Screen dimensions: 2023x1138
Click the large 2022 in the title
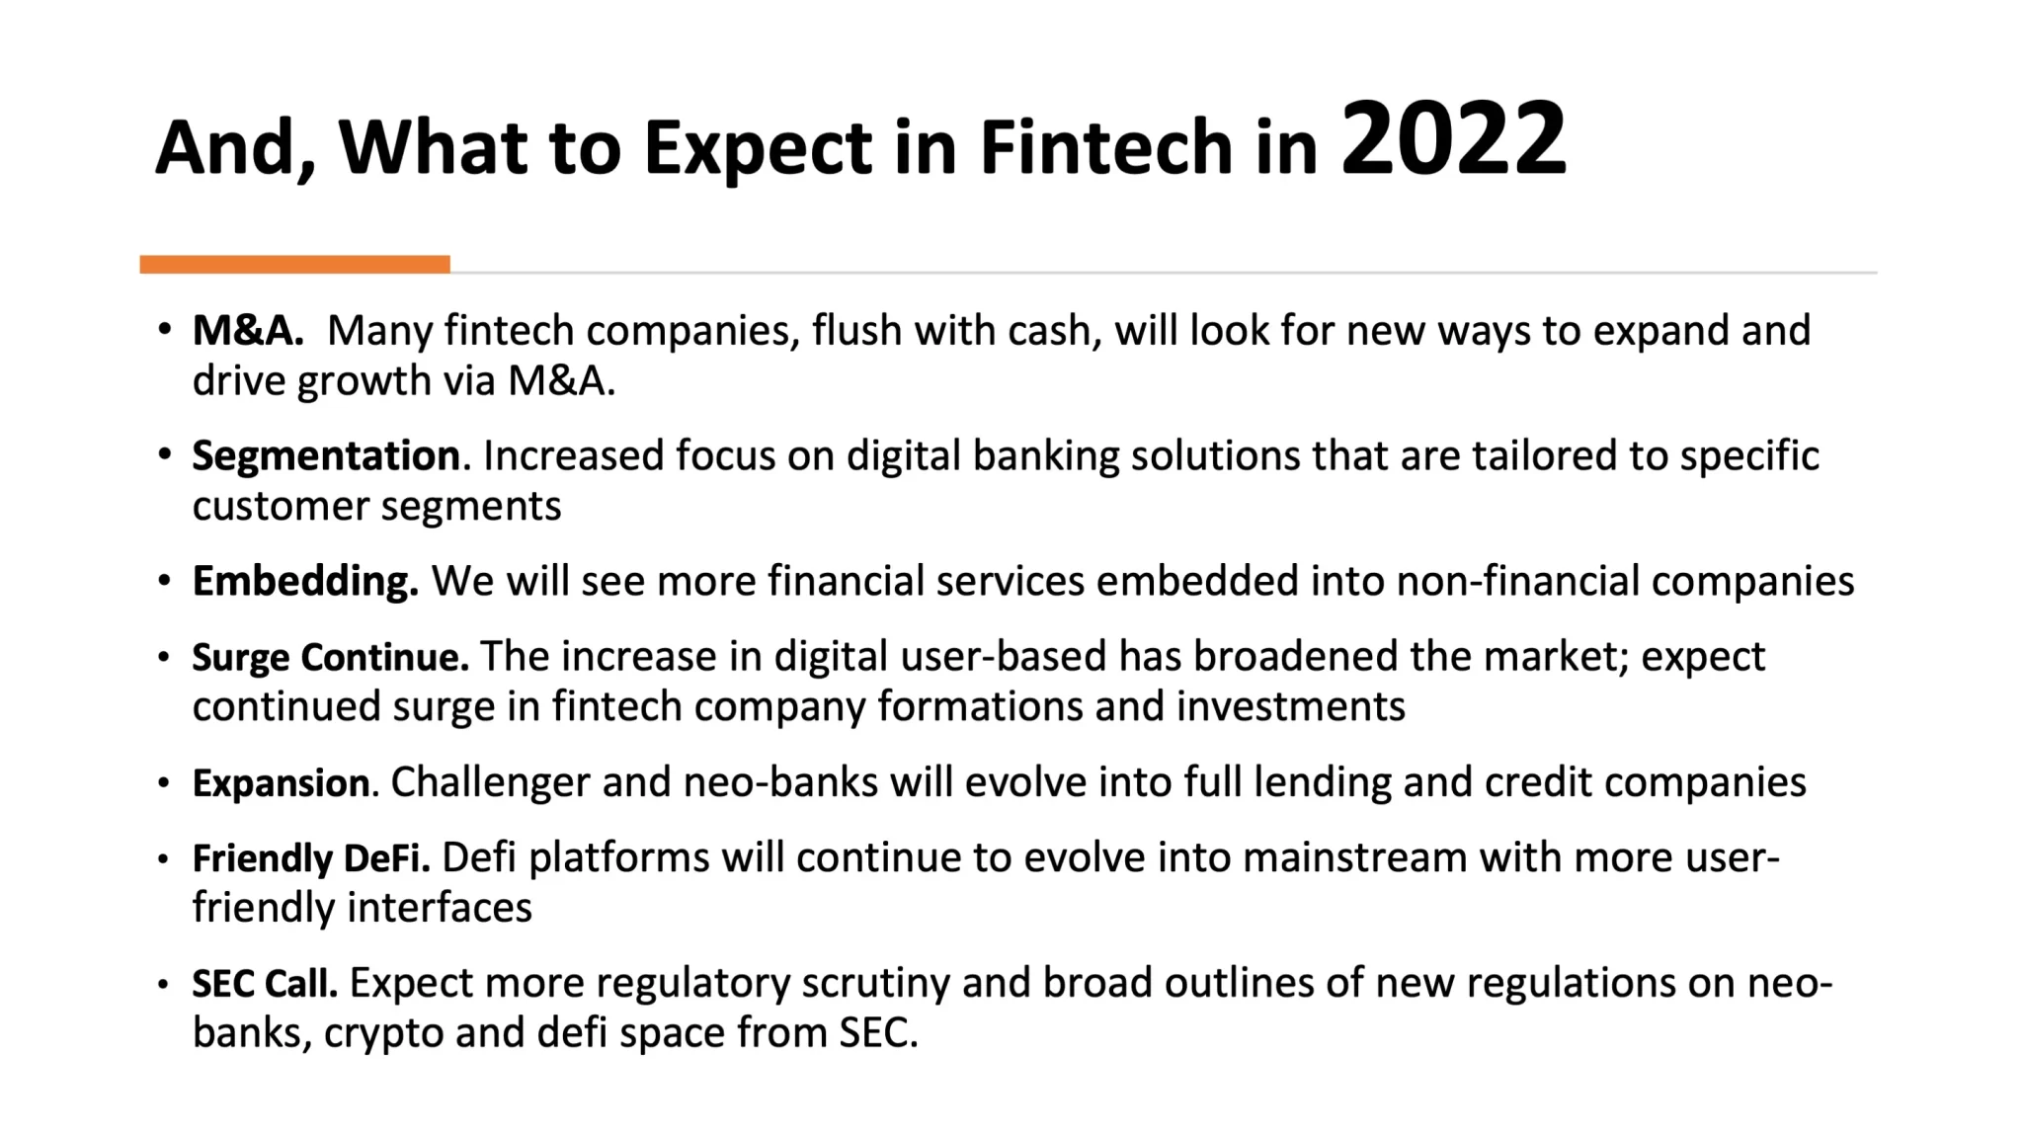1453,138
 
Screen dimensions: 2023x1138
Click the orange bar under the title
295,264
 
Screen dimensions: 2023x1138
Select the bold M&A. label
248,330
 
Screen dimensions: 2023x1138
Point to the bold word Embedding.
305,582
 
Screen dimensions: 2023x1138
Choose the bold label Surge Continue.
330,657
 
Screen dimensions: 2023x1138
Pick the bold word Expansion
282,783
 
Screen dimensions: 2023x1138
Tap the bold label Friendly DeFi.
311,858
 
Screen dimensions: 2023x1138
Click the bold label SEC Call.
265,983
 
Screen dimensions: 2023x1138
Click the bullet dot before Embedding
164,581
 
